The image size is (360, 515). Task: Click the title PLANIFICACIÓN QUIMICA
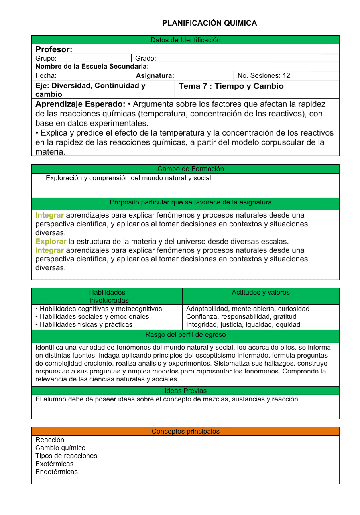click(x=209, y=23)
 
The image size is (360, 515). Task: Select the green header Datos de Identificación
click(x=185, y=40)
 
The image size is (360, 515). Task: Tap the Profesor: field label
click(x=54, y=49)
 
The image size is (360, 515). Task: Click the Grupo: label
click(x=46, y=58)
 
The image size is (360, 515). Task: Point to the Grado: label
click(x=146, y=58)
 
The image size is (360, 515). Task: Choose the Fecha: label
click(x=46, y=75)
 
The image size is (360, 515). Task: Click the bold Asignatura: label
click(x=155, y=75)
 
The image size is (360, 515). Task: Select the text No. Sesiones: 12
click(x=264, y=75)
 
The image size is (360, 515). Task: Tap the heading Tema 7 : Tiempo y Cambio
click(x=231, y=86)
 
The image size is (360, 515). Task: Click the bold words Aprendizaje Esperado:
click(x=81, y=104)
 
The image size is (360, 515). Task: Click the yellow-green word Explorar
click(x=51, y=242)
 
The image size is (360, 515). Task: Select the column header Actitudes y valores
click(x=261, y=292)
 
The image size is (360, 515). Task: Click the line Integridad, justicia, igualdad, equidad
click(x=243, y=324)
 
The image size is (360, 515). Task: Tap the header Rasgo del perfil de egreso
click(x=185, y=334)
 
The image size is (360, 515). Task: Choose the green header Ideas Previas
click(x=185, y=391)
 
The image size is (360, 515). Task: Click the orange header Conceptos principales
click(x=185, y=431)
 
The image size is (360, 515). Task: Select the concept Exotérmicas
click(x=54, y=464)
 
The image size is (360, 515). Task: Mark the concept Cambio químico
click(x=60, y=448)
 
